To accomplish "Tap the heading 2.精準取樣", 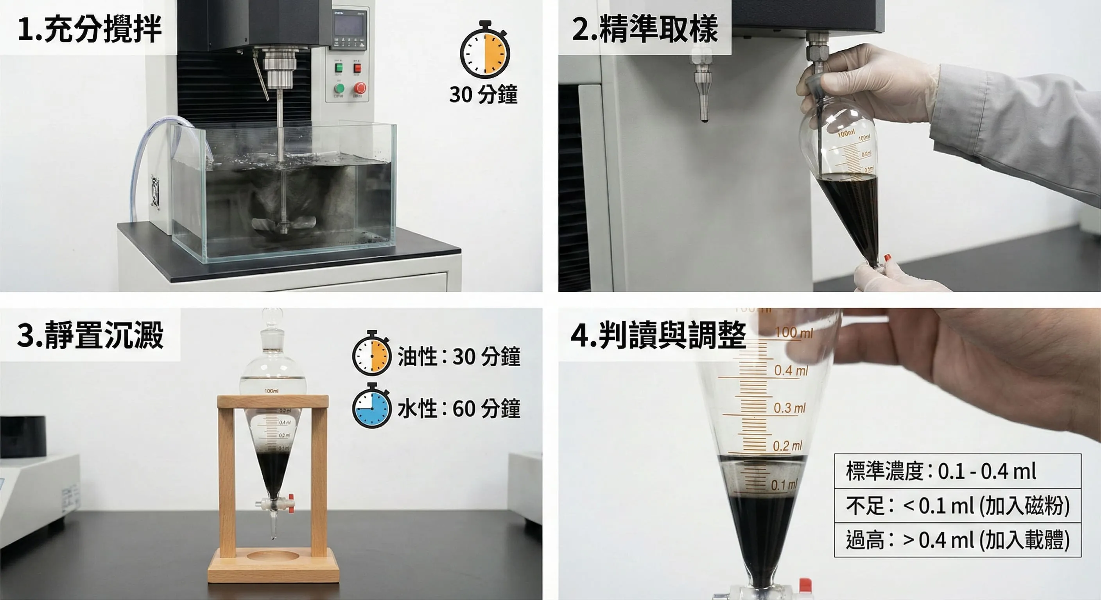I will point(644,29).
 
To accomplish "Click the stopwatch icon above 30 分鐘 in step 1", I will point(485,51).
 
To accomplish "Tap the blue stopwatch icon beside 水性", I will point(371,407).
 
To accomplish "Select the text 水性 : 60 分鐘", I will point(459,409).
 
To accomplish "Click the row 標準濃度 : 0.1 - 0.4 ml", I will point(958,471).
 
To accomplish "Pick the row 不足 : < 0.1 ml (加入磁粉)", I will point(958,505).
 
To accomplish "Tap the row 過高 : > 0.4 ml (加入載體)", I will point(958,540).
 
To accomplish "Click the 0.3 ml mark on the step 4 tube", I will point(789,408).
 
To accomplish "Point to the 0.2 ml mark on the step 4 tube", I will point(787,446).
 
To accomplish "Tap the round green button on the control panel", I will point(339,88).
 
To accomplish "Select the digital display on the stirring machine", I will point(349,25).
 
